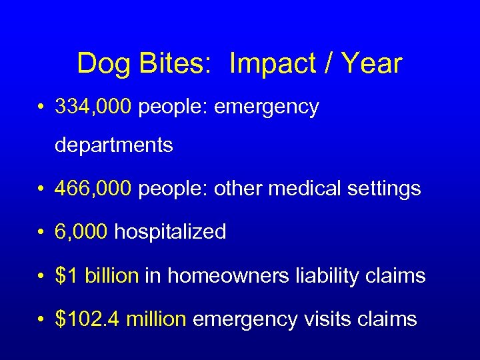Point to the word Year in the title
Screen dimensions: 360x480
click(372, 64)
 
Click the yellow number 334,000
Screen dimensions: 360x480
click(94, 107)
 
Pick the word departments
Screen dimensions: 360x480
click(114, 145)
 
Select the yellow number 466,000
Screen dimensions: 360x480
click(94, 189)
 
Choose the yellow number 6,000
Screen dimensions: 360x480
click(82, 232)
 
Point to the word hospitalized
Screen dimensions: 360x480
click(171, 233)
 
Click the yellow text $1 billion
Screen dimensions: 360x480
click(97, 275)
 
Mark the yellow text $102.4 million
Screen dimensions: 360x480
click(121, 319)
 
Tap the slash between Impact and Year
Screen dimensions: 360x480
click(327, 64)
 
